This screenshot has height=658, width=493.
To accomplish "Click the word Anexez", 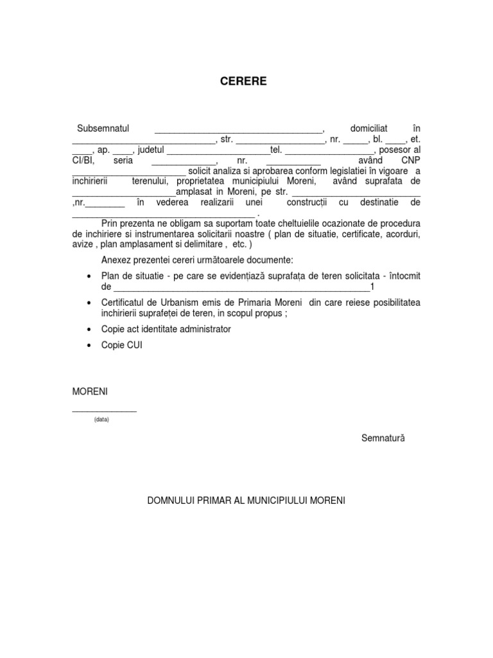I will [117, 260].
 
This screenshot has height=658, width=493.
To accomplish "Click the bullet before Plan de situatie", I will [88, 276].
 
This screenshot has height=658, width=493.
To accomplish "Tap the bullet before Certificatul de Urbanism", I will [88, 303].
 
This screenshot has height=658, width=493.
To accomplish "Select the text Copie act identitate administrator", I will [166, 329].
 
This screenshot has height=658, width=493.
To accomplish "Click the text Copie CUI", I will [122, 345].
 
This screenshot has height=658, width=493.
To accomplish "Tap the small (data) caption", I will [101, 419].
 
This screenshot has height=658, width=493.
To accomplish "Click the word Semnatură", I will [383, 438].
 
